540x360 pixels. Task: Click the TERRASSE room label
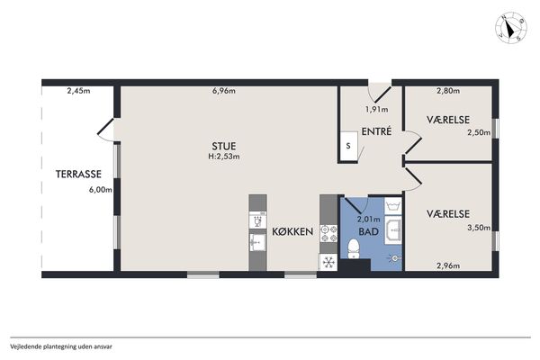pyautogui.click(x=78, y=174)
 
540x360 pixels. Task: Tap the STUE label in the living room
pyautogui.click(x=224, y=146)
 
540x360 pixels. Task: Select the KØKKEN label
pyautogui.click(x=292, y=231)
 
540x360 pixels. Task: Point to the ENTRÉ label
pyautogui.click(x=376, y=131)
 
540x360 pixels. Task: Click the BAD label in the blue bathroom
pyautogui.click(x=368, y=231)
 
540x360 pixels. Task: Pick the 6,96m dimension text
pyautogui.click(x=224, y=91)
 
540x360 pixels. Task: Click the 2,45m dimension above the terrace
pyautogui.click(x=78, y=91)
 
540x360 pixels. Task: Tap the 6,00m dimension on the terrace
pyautogui.click(x=101, y=190)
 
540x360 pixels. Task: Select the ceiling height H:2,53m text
pyautogui.click(x=224, y=157)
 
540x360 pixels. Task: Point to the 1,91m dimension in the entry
pyautogui.click(x=376, y=110)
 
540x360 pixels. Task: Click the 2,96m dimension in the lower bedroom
pyautogui.click(x=448, y=265)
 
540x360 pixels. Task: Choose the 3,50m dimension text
pyautogui.click(x=479, y=228)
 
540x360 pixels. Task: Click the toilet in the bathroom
pyautogui.click(x=354, y=249)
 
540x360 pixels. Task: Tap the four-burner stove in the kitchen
pyautogui.click(x=328, y=234)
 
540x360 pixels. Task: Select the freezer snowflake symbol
pyautogui.click(x=328, y=263)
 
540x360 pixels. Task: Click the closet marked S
pyautogui.click(x=347, y=146)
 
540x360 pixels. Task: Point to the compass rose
pyautogui.click(x=511, y=28)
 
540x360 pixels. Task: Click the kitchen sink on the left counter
pyautogui.click(x=257, y=241)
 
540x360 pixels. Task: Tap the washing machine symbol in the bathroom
pyautogui.click(x=393, y=206)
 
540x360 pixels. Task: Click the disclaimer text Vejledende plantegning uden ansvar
pyautogui.click(x=61, y=346)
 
